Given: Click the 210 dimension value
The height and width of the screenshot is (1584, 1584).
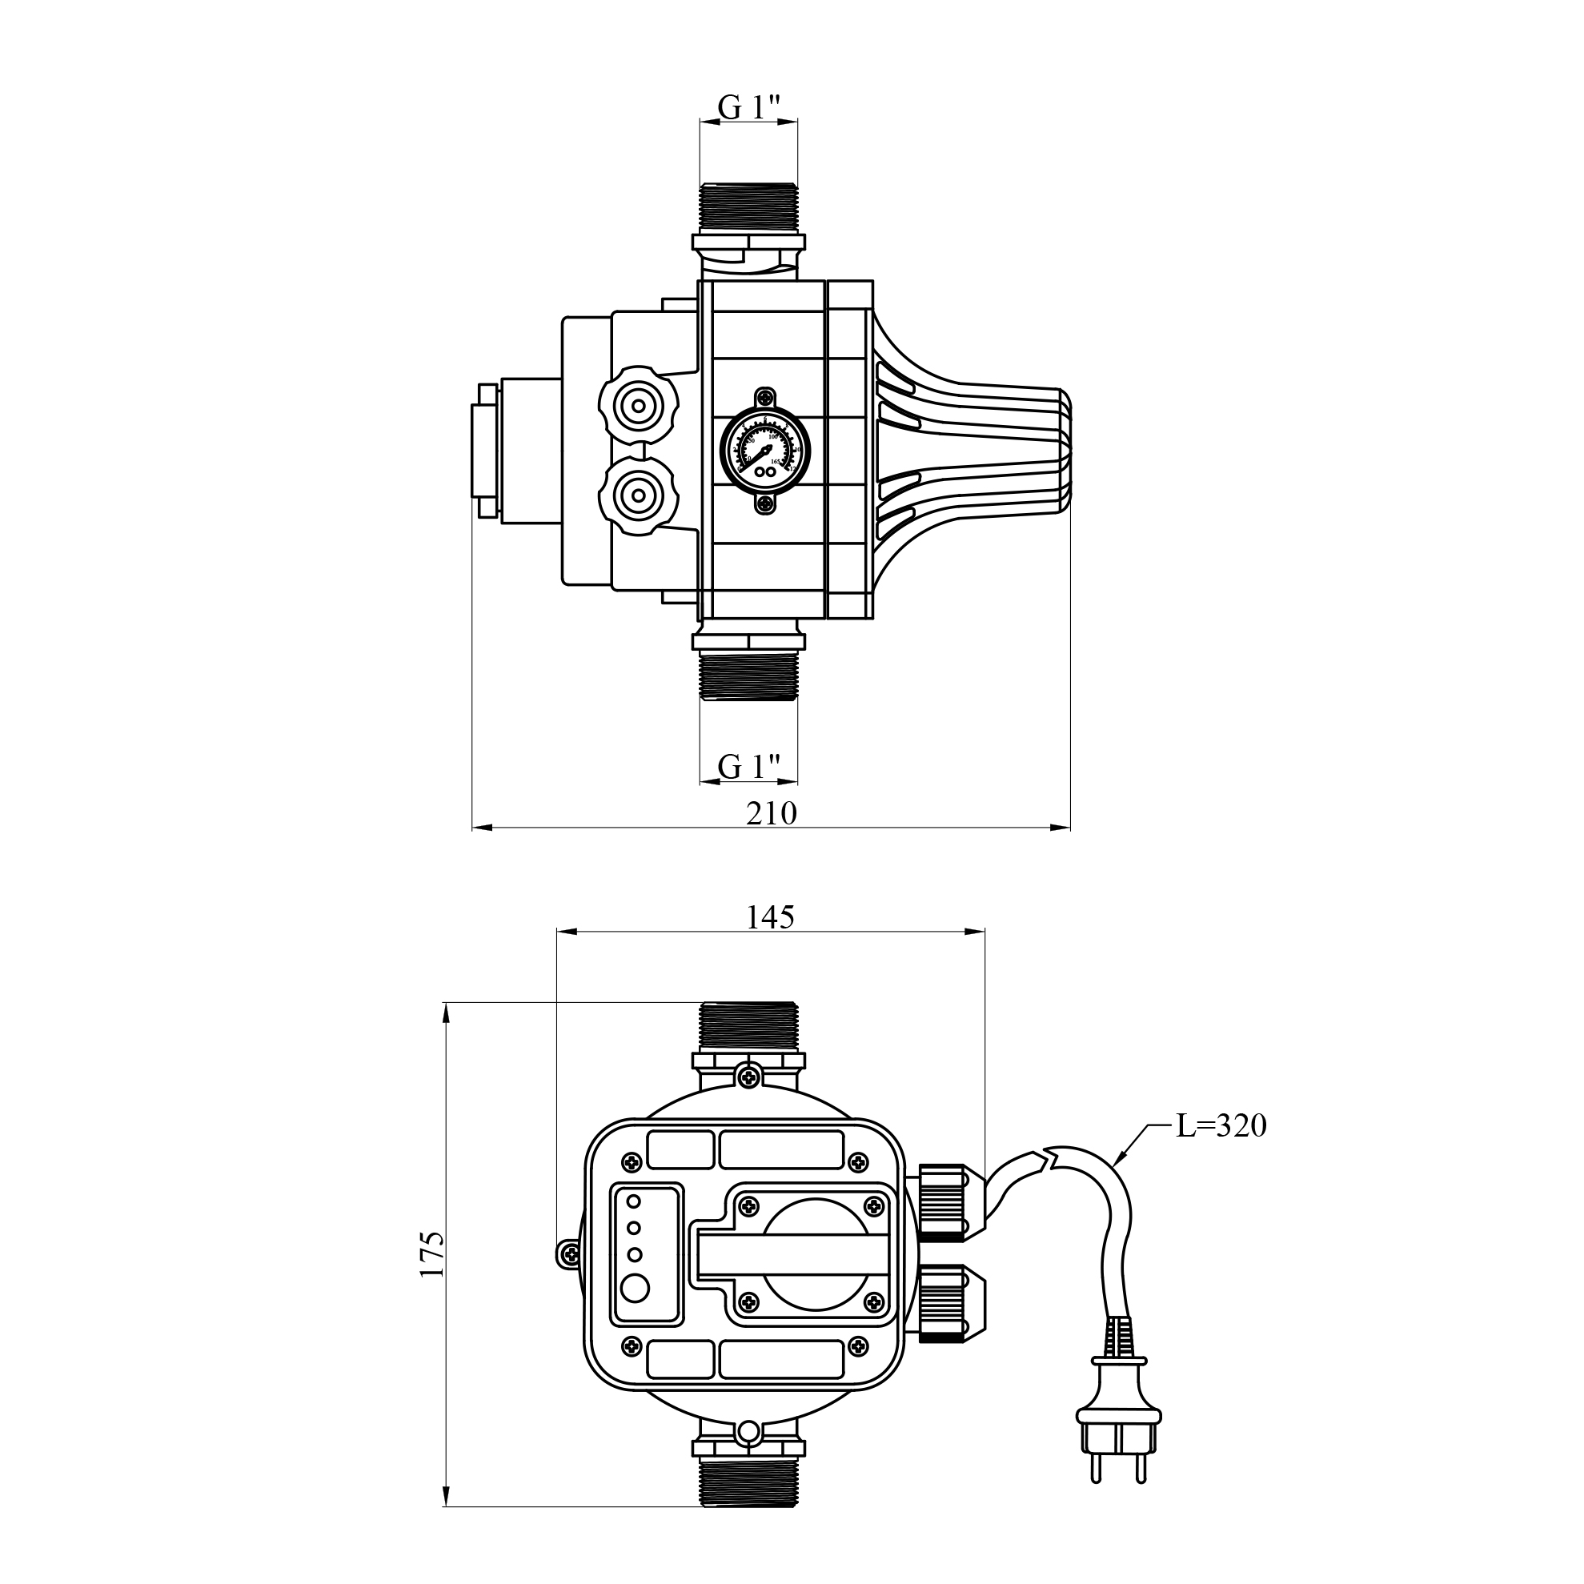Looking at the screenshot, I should coord(771,813).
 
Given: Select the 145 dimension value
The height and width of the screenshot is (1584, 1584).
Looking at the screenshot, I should coord(770,917).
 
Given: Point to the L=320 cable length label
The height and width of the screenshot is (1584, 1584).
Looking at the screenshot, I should coord(1221,1125).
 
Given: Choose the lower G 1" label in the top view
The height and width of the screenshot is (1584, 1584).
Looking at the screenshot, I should coord(748,767).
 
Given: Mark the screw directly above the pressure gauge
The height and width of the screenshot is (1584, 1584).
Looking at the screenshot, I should coord(764,399).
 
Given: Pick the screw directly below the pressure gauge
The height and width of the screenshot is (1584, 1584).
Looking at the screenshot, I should coord(764,507).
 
